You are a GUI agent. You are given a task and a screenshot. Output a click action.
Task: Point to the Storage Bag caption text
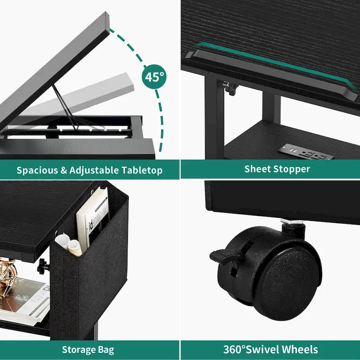[x=88, y=349]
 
